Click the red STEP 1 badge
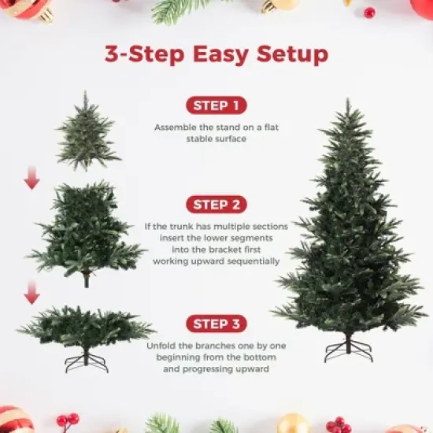point(216,105)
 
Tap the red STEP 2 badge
point(216,205)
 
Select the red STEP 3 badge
point(216,324)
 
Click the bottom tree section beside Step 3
point(86,327)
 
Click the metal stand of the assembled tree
point(348,350)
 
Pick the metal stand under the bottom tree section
point(86,361)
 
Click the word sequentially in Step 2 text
point(250,261)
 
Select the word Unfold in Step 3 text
point(161,346)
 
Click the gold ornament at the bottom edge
point(293,424)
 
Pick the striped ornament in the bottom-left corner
point(14,420)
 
